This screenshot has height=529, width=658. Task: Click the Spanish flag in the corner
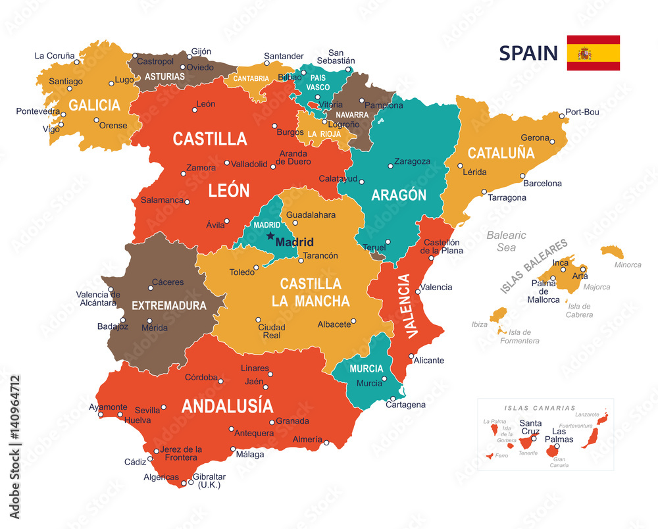click(593, 53)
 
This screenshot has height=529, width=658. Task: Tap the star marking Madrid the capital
click(270, 236)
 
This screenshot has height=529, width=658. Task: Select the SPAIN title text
click(528, 53)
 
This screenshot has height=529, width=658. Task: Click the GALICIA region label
click(95, 105)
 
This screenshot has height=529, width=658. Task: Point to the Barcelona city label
click(542, 184)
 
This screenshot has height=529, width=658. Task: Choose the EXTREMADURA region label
click(169, 306)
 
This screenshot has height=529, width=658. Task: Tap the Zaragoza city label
click(412, 161)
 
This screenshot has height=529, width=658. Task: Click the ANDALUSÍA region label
click(227, 405)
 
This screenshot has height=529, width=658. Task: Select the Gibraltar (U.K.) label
click(209, 480)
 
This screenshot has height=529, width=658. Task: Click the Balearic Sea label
click(506, 241)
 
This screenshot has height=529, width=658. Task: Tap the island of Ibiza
click(499, 315)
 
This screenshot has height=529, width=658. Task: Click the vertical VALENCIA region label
click(407, 305)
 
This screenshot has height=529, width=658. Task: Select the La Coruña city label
click(55, 56)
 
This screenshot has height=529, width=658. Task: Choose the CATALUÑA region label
click(501, 153)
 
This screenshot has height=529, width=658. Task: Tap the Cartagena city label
click(405, 405)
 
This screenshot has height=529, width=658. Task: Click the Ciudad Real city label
click(271, 331)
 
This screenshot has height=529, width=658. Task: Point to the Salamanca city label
click(162, 200)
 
